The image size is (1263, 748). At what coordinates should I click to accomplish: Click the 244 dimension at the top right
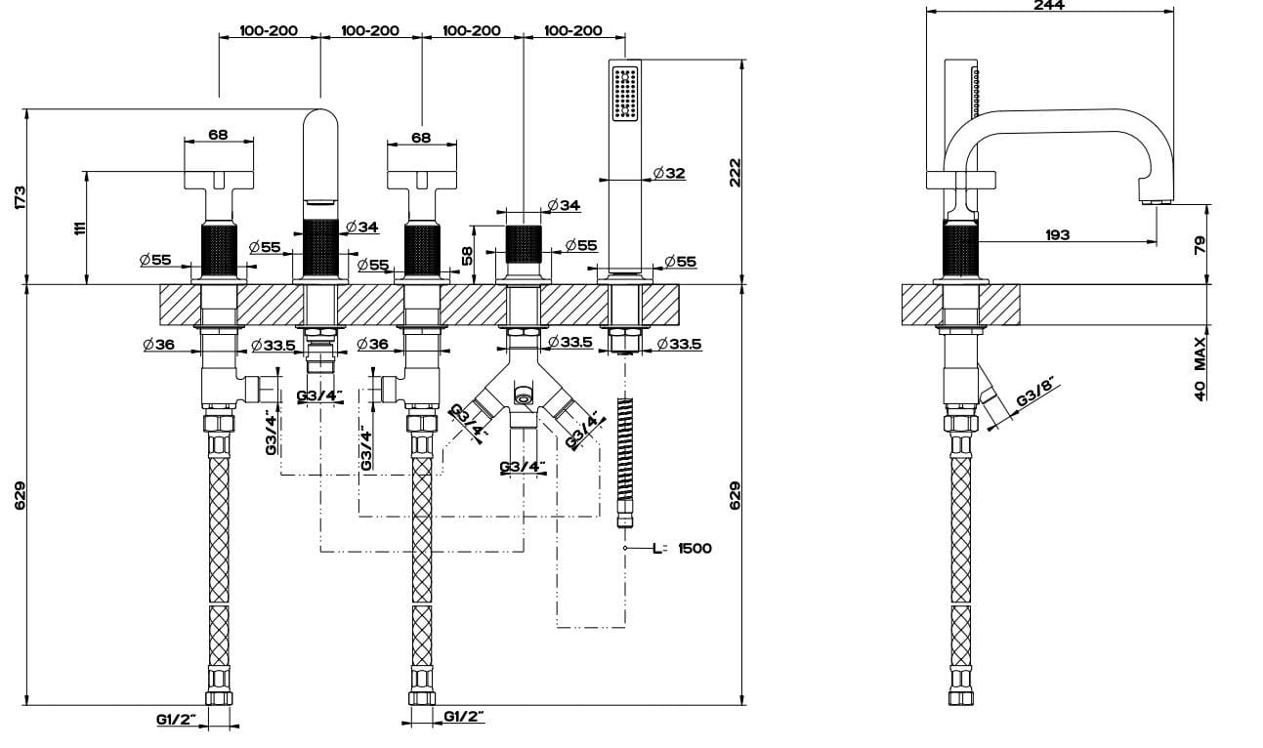click(1049, 5)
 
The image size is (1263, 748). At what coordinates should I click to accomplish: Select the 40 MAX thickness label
click(1200, 368)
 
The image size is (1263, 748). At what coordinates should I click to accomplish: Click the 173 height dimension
click(21, 195)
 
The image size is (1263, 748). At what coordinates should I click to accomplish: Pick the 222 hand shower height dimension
click(736, 172)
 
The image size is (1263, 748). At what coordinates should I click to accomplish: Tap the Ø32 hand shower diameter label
click(669, 173)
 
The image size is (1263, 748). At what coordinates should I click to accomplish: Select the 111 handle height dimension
click(80, 228)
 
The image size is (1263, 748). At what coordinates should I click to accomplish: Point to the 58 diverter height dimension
click(468, 255)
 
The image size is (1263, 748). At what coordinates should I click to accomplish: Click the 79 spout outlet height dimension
click(1200, 243)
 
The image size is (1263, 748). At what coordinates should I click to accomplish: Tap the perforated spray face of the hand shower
click(625, 93)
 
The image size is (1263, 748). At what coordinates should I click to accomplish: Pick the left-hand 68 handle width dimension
click(219, 135)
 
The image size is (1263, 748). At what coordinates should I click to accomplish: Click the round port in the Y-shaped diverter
click(523, 395)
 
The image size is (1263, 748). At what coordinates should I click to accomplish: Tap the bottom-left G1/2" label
click(176, 721)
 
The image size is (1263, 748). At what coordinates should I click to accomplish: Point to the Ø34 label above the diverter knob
click(564, 205)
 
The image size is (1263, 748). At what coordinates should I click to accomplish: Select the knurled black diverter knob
click(523, 244)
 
